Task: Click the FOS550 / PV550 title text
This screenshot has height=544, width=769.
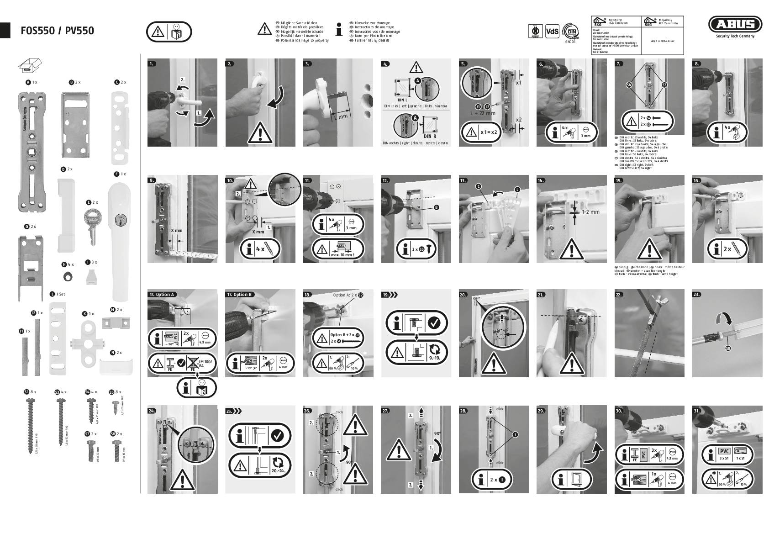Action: [57, 31]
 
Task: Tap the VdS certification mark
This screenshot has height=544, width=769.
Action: [552, 31]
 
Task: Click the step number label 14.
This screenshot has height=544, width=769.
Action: [541, 180]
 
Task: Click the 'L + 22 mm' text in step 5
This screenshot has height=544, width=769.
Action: [483, 113]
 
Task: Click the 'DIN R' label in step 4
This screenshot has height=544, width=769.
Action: [430, 136]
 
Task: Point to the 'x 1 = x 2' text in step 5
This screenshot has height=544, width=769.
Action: [489, 132]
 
